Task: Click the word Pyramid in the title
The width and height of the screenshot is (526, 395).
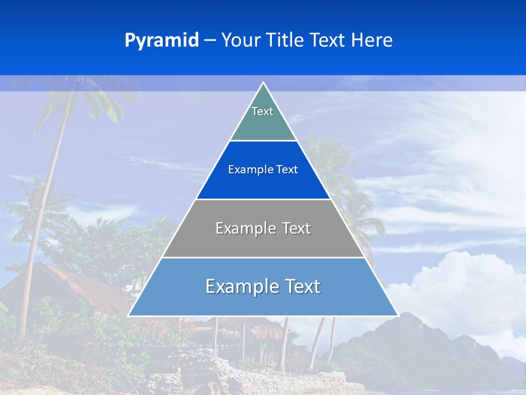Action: pos(161,41)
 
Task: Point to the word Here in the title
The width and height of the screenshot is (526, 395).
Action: pos(371,41)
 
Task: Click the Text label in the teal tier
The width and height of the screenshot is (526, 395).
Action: pos(262,111)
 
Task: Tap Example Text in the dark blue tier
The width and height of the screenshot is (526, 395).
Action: pos(263,170)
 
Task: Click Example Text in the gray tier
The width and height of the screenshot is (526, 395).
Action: pos(263,228)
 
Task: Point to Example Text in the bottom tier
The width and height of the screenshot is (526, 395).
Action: pos(263,286)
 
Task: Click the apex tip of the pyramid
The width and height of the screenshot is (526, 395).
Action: pos(263,83)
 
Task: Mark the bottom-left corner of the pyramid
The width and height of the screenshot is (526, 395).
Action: pos(129,315)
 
